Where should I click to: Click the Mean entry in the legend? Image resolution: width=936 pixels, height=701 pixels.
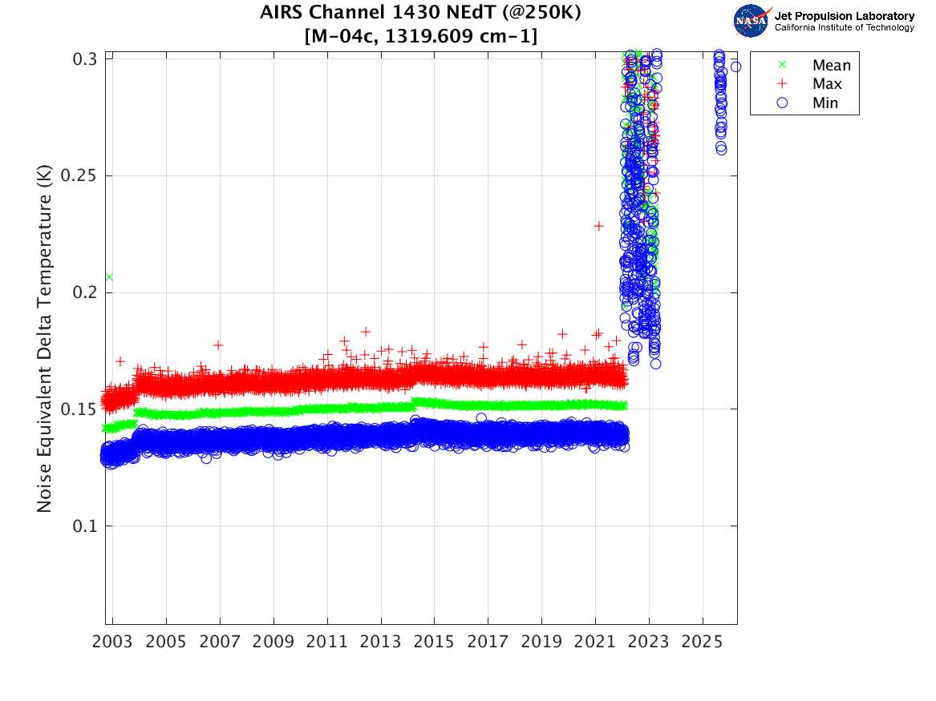coord(831,66)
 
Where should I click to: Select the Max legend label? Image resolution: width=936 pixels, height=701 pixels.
coord(826,84)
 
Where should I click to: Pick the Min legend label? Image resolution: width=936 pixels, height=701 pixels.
coord(825,103)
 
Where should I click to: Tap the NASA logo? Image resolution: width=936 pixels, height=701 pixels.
coord(752,20)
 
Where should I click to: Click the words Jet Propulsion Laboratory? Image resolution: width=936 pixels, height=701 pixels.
coord(844,16)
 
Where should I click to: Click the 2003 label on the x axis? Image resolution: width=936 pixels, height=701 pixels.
coord(113,642)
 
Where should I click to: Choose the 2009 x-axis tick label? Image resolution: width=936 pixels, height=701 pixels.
coord(274,642)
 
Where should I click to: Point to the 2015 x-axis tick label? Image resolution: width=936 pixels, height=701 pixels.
coord(435,642)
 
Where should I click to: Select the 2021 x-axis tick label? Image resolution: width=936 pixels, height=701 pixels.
coord(595,642)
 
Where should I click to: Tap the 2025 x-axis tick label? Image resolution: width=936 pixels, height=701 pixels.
coord(703,642)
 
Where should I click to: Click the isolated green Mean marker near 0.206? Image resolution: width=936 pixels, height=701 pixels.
coord(109,277)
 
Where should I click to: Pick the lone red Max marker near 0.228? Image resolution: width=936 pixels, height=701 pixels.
coord(598,226)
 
